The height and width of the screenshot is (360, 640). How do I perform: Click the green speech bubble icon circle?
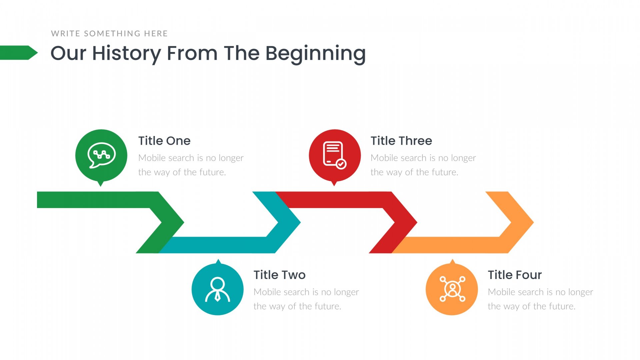click(101, 155)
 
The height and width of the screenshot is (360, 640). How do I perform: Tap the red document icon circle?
click(335, 155)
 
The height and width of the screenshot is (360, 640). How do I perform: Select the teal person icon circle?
click(218, 289)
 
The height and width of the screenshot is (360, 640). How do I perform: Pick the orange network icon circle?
click(452, 289)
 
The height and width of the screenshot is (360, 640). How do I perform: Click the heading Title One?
click(164, 141)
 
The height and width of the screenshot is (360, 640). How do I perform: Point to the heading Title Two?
click(279, 275)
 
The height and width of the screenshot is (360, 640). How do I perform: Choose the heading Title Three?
click(401, 141)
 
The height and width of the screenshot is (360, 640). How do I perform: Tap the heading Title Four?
click(515, 275)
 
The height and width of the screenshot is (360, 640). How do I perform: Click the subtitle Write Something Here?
click(109, 33)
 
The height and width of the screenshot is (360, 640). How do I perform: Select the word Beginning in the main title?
click(316, 53)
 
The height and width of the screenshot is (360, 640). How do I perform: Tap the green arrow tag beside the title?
click(19, 53)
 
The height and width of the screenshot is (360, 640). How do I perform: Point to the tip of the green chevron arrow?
click(184, 222)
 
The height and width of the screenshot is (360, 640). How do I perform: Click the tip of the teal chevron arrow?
click(301, 222)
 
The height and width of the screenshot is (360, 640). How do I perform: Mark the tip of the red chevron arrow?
click(417, 222)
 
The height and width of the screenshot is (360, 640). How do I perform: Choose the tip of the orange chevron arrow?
click(534, 222)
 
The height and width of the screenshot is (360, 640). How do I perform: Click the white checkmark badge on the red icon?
click(341, 164)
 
